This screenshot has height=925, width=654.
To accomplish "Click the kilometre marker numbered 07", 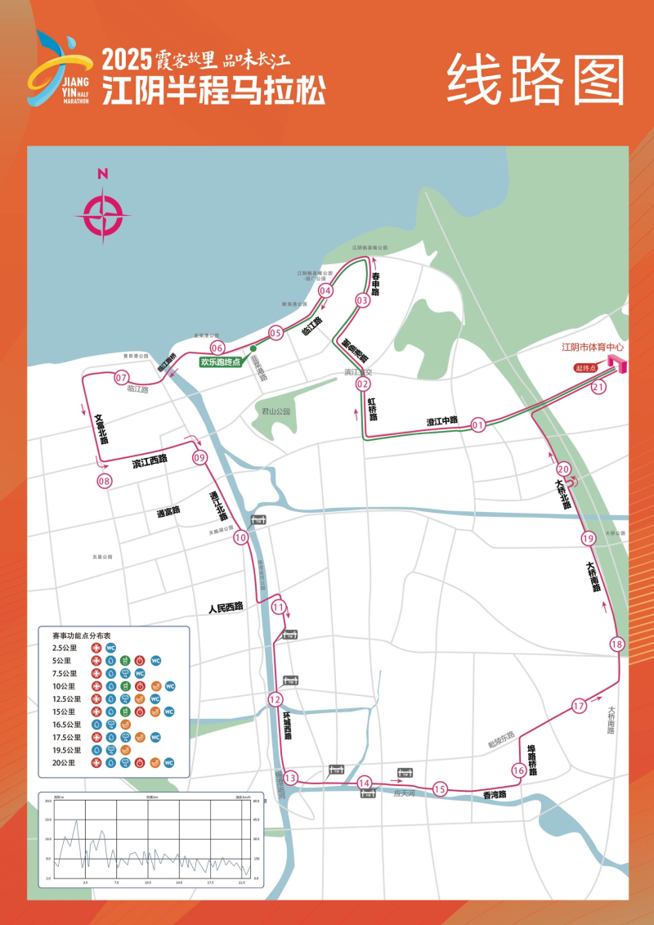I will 122,379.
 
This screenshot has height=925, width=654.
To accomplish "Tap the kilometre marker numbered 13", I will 289,778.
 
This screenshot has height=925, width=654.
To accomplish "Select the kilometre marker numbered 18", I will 616,644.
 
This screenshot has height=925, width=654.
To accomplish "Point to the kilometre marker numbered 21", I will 598,388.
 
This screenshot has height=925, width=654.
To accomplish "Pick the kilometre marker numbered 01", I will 478,424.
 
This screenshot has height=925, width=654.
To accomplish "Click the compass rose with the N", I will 103,215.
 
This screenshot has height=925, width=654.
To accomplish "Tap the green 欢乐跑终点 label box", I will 221,361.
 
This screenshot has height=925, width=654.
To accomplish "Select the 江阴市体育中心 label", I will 592,347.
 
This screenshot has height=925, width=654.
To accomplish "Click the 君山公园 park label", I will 276,411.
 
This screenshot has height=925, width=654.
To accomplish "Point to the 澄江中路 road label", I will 442,421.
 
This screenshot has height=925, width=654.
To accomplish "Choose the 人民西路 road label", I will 226,607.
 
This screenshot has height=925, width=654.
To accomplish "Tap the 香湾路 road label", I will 495,794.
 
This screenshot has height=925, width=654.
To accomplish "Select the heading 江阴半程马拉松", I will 213,90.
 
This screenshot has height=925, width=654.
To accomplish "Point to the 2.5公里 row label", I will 65,648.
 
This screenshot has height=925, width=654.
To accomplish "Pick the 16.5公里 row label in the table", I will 66,725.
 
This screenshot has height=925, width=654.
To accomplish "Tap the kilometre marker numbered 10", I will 240,537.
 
